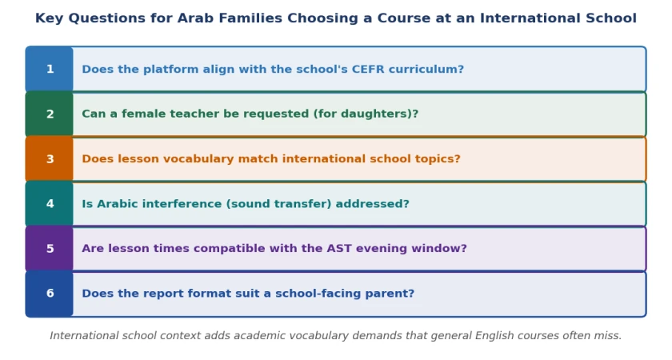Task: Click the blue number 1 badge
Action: coord(50,69)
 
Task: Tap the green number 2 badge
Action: coord(50,114)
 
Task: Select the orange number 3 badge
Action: coord(50,159)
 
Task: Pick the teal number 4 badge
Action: coord(50,203)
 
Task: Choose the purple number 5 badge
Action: coord(50,249)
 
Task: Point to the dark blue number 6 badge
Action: coord(50,294)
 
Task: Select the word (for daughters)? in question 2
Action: coord(366,114)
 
